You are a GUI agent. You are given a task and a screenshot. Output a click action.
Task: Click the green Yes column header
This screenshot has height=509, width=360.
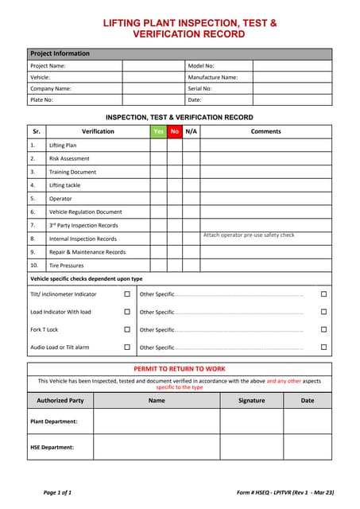click(158, 131)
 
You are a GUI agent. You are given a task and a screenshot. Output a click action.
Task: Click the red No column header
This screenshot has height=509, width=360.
click(175, 131)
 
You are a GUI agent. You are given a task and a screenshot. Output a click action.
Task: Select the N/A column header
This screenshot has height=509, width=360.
click(192, 131)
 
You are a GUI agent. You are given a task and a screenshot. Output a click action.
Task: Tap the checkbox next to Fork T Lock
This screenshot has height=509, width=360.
click(127, 329)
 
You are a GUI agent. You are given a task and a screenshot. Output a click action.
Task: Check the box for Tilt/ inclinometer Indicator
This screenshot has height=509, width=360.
click(127, 294)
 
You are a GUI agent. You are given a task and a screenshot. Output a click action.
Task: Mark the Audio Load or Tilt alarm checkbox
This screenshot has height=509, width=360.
click(127, 347)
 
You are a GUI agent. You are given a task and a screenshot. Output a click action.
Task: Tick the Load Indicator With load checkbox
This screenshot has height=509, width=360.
click(127, 312)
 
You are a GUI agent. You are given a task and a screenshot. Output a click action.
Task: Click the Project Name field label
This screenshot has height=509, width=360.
click(48, 66)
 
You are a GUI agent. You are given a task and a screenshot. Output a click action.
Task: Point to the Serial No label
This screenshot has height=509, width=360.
click(201, 89)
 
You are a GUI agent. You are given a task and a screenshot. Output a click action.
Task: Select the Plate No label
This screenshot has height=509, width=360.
click(42, 100)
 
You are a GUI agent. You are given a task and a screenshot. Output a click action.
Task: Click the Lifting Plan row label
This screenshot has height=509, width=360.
click(63, 146)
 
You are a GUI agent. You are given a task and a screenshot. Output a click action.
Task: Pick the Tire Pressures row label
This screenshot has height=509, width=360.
click(66, 265)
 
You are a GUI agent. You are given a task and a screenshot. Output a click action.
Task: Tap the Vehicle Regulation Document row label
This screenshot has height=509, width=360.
click(85, 212)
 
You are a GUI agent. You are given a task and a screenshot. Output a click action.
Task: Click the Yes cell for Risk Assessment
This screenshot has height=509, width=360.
click(158, 158)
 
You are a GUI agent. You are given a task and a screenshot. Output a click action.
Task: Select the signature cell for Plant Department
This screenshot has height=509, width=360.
click(251, 421)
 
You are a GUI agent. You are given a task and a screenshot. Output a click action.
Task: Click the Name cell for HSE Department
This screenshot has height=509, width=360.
click(157, 447)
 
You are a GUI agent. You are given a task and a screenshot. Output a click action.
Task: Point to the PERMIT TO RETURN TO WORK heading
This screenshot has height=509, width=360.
click(180, 369)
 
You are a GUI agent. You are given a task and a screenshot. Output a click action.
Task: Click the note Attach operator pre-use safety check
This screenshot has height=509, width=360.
click(249, 235)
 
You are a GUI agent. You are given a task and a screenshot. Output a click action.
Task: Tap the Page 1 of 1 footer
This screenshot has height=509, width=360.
click(57, 492)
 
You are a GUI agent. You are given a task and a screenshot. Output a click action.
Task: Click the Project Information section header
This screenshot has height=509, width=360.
click(60, 53)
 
